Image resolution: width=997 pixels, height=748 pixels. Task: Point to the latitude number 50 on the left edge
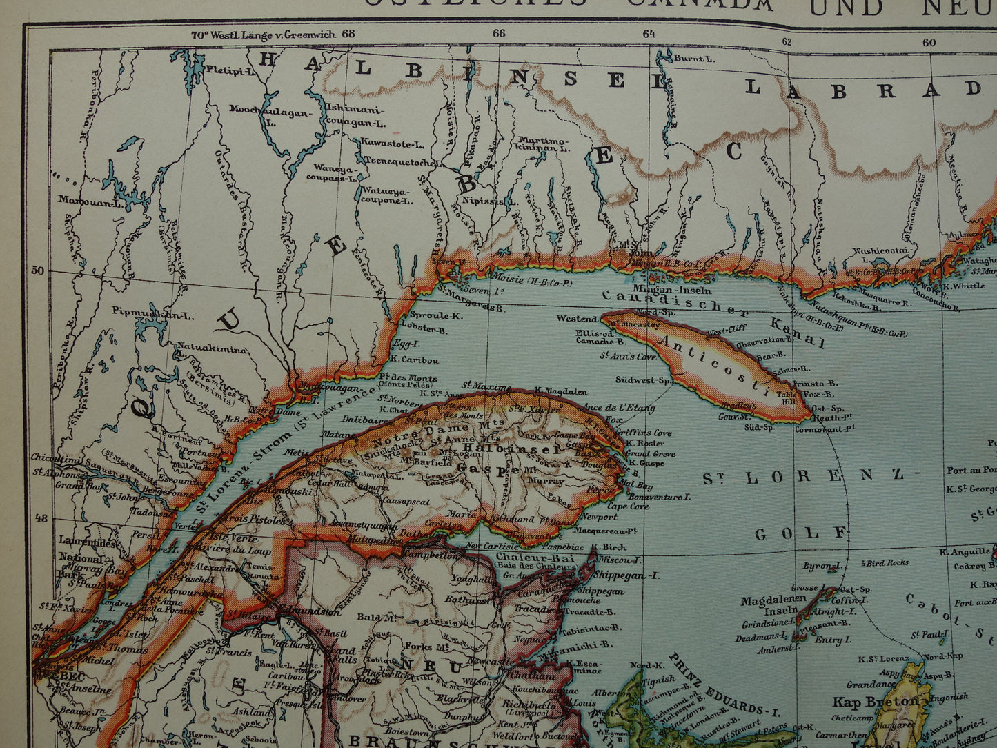[37, 270]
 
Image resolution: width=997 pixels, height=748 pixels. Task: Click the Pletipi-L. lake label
[231, 71]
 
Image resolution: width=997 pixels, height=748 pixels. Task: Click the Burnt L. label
[694, 59]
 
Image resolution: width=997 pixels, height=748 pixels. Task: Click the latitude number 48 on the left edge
[41, 518]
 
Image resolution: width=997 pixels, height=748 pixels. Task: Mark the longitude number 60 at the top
[929, 42]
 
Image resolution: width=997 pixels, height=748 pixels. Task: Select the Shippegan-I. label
[629, 575]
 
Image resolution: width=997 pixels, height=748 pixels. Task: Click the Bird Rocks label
[887, 563]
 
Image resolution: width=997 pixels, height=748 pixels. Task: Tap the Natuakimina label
[212, 348]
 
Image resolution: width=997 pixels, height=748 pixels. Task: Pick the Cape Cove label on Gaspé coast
[629, 506]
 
